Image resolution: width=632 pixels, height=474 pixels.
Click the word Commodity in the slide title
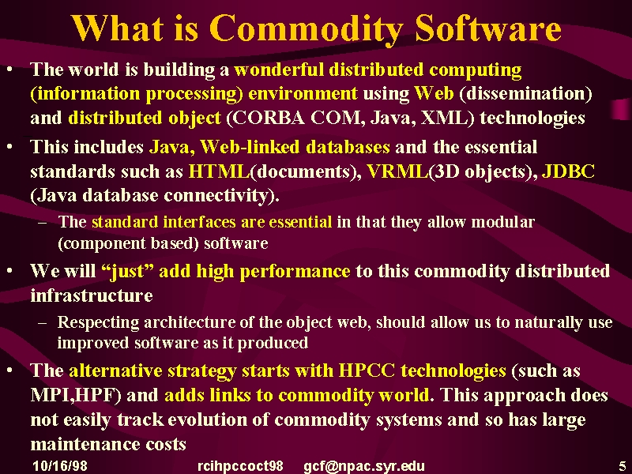tap(306, 29)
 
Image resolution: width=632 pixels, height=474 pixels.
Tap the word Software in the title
tap(488, 28)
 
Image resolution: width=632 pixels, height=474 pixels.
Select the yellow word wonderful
tap(279, 70)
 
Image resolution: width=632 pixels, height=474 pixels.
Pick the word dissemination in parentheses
tap(525, 93)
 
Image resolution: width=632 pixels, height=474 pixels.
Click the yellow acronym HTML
tap(220, 171)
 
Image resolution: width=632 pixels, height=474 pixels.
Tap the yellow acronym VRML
tap(397, 171)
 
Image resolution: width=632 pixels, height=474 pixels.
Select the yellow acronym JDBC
tap(568, 171)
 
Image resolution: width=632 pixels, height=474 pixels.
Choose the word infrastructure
tap(92, 295)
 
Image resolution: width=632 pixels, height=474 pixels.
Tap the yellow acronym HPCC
tap(367, 371)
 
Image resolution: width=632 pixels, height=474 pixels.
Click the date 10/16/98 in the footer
tap(60, 466)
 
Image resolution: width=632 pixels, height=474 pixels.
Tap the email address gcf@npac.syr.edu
tap(364, 466)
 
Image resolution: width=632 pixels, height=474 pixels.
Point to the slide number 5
tap(623, 465)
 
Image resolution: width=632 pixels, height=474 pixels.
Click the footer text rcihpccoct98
tap(240, 466)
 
